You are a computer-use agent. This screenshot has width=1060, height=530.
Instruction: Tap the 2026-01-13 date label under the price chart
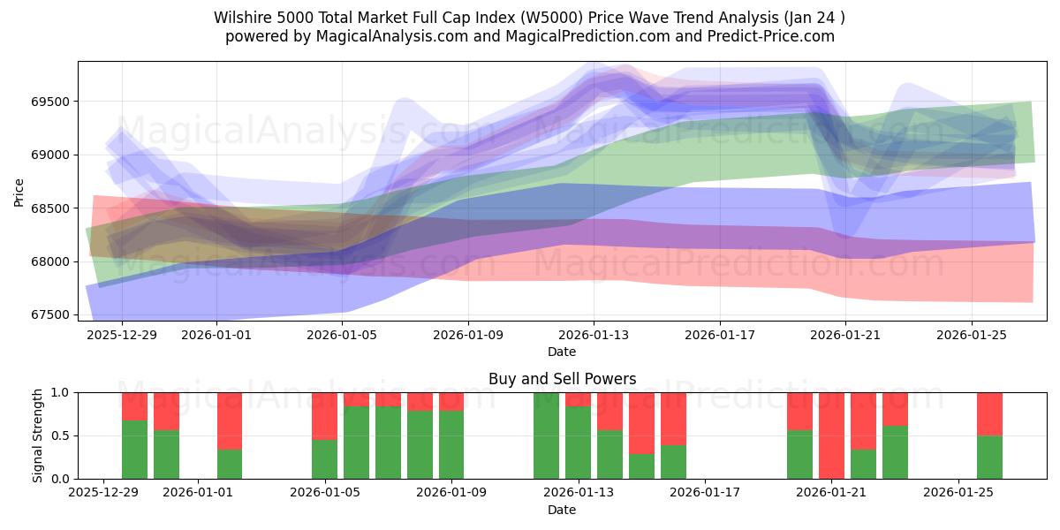click(594, 336)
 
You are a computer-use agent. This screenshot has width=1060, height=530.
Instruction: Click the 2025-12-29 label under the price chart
click(121, 336)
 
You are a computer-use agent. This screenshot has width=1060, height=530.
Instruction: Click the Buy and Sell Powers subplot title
click(562, 379)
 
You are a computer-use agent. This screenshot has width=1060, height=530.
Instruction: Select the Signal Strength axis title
click(37, 435)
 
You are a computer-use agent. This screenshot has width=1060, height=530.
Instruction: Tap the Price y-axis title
click(19, 192)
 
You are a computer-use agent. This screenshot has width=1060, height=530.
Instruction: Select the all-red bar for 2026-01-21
click(831, 435)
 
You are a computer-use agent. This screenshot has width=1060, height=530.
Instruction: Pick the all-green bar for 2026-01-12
click(546, 435)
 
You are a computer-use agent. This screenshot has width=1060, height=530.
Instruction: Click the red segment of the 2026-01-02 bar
click(230, 420)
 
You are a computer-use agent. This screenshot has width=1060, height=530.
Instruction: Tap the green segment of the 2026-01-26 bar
click(989, 458)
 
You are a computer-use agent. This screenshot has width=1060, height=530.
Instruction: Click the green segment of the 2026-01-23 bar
click(895, 452)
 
